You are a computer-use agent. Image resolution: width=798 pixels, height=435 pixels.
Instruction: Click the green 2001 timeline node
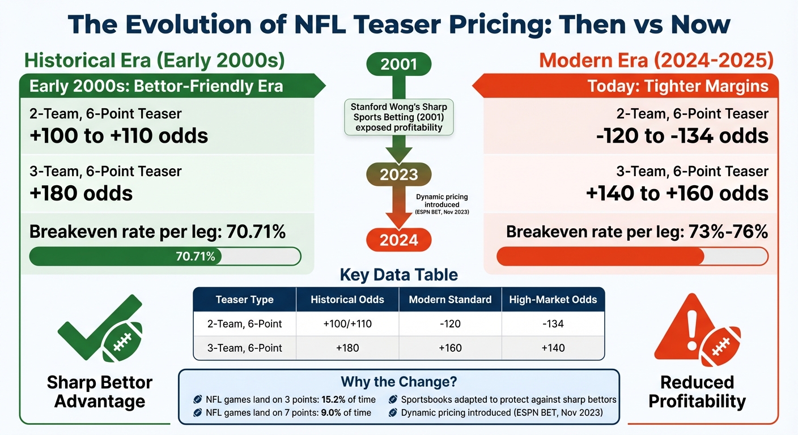coord(399,63)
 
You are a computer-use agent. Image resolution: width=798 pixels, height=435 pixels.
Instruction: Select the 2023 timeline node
coord(399,174)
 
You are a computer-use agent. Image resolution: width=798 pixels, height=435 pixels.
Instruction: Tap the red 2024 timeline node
coord(399,240)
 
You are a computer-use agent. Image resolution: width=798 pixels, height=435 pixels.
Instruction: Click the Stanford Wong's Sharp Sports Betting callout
coord(399,117)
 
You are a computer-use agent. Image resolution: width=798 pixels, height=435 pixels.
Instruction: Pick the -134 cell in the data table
coord(553,324)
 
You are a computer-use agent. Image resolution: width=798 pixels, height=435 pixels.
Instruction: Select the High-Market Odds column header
coord(553,300)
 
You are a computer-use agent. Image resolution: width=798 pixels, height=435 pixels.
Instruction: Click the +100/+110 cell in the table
coord(347,324)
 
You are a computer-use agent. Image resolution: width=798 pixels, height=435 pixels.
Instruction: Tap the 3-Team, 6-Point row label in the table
coord(245,348)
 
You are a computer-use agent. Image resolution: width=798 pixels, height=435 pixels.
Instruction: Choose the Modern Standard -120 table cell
coord(450,324)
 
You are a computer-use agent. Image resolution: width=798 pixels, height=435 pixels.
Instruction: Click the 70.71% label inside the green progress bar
coord(196,257)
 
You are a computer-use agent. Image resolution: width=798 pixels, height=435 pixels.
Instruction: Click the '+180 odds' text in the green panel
coord(81,193)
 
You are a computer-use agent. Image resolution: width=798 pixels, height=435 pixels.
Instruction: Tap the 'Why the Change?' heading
coord(398,381)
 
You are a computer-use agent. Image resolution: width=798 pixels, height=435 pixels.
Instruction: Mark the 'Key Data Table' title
coord(398,275)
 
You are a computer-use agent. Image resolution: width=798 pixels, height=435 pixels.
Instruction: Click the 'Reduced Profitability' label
coord(697,391)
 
